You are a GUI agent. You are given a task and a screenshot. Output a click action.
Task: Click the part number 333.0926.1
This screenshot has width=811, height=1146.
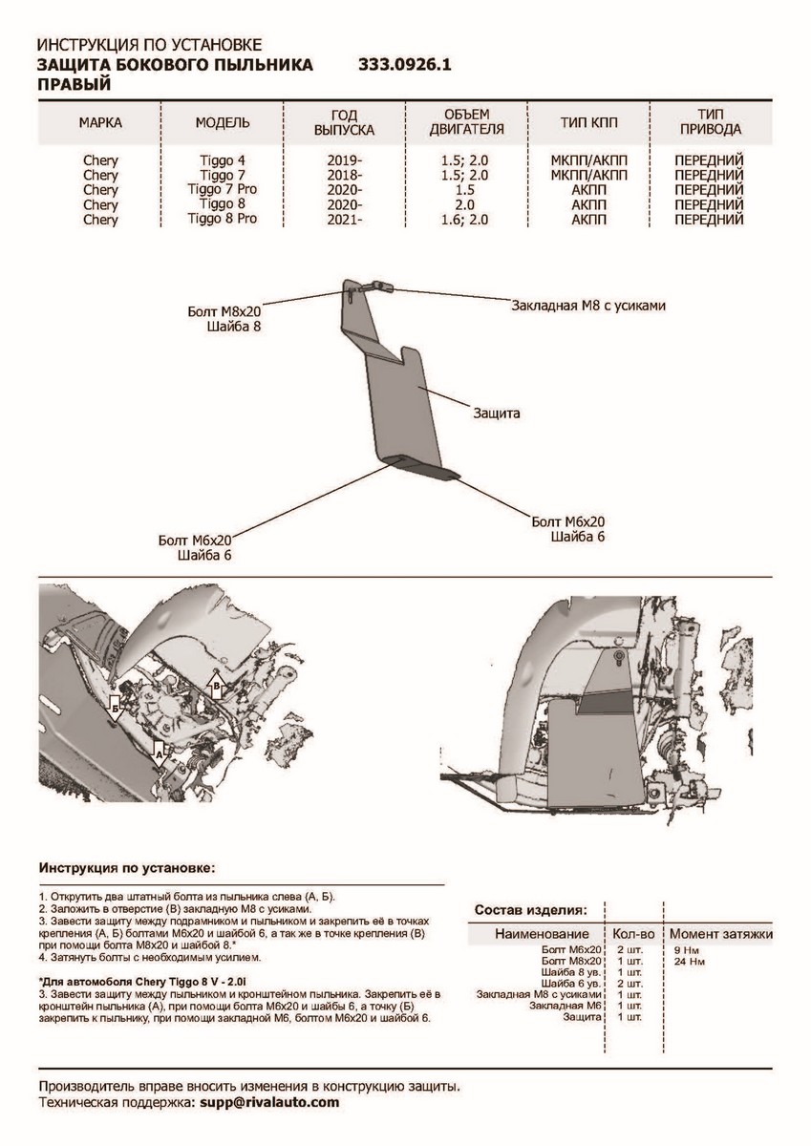coord(403,66)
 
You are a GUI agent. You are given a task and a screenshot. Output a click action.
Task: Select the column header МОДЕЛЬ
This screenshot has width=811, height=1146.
coord(223,123)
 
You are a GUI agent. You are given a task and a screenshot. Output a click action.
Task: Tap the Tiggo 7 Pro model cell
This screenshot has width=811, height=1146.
coord(223,190)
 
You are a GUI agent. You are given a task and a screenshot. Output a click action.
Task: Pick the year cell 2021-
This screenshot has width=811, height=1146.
coord(343,219)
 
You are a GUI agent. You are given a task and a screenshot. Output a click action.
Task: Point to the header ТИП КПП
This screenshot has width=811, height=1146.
coord(587,123)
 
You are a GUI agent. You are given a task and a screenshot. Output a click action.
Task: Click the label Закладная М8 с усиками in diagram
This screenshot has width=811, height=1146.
coord(587,307)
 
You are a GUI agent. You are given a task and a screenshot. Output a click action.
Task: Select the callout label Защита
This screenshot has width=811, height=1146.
coord(496,414)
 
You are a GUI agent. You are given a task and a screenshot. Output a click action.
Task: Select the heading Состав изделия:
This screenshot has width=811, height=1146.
coord(531,909)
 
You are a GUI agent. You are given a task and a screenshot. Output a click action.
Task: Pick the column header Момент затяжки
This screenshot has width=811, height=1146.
coord(720,933)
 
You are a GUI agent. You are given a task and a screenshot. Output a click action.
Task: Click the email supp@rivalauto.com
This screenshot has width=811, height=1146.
coord(269,1102)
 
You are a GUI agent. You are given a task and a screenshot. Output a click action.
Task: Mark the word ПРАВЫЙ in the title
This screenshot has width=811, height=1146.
coord(74,84)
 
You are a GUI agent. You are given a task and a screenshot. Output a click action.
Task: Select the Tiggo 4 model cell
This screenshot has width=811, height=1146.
coord(223,161)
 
